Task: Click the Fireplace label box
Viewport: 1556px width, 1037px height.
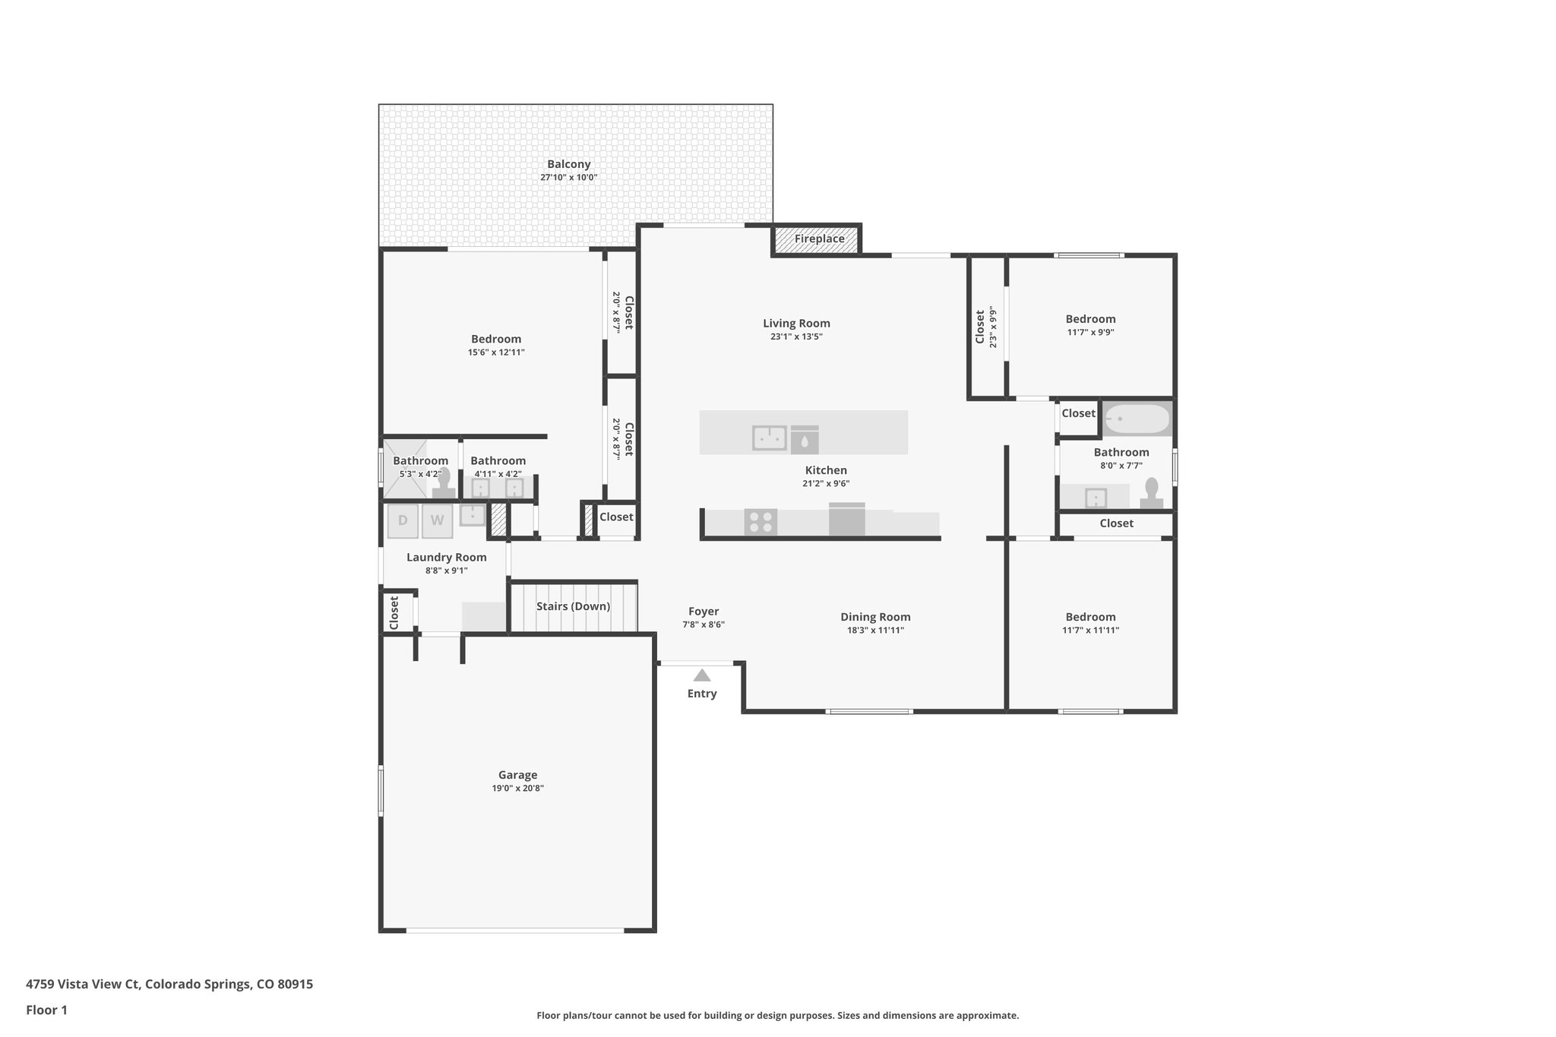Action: click(819, 239)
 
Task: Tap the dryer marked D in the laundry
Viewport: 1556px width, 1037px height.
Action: click(403, 521)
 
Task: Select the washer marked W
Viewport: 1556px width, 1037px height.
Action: click(437, 521)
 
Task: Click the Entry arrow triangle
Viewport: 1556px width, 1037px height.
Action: click(702, 675)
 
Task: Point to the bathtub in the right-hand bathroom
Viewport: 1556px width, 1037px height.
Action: click(1137, 419)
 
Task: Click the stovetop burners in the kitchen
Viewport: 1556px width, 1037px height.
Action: click(761, 522)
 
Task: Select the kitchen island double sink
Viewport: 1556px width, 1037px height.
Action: click(769, 438)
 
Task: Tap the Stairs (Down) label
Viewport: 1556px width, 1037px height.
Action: click(573, 606)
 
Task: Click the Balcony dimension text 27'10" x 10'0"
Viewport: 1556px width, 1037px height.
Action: click(568, 178)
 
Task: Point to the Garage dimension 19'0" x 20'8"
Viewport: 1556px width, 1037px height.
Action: click(517, 789)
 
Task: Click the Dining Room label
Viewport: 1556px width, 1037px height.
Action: click(875, 617)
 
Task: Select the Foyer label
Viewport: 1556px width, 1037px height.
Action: click(704, 611)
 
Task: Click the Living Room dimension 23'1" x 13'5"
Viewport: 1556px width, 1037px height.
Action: click(796, 337)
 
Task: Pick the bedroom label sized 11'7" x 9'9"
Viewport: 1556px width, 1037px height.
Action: click(1090, 319)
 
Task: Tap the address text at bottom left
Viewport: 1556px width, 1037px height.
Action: click(169, 985)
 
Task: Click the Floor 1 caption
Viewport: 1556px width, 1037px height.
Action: click(46, 1010)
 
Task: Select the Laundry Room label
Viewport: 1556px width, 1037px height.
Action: click(446, 557)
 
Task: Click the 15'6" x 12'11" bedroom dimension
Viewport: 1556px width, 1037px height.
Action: click(496, 353)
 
